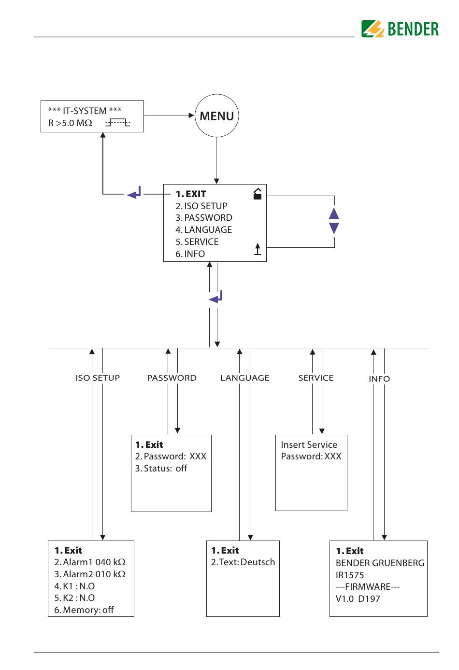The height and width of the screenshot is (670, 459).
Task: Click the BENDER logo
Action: coord(400,29)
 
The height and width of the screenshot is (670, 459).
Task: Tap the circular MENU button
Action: coord(216,116)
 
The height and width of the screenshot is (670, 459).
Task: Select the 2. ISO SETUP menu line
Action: coord(201,206)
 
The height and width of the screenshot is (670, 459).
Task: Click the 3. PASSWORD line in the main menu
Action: coord(204,218)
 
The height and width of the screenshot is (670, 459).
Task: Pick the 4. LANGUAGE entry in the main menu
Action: coord(203,230)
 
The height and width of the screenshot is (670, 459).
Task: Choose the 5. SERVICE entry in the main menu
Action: coord(197,242)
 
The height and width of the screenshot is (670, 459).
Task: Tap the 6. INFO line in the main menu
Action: coord(190,254)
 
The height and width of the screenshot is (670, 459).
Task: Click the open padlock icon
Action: coord(258,194)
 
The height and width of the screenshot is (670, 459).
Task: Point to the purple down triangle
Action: coord(334,228)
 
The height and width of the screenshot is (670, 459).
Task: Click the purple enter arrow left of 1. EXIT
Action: coord(134,193)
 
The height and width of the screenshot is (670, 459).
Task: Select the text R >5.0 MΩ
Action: coord(70,123)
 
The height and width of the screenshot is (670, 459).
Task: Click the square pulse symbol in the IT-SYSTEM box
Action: coord(117,122)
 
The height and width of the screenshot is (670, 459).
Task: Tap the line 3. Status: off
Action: coord(161,468)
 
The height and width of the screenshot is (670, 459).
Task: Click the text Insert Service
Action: coord(309,445)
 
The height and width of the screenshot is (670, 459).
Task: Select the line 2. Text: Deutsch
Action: coord(243,562)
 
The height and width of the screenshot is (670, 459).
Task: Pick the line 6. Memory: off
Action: coord(84,610)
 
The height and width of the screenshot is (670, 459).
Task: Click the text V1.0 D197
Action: coord(358,599)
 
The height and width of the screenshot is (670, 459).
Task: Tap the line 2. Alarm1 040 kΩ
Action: coord(90,562)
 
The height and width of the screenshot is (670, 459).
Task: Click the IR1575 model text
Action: coord(350,575)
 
